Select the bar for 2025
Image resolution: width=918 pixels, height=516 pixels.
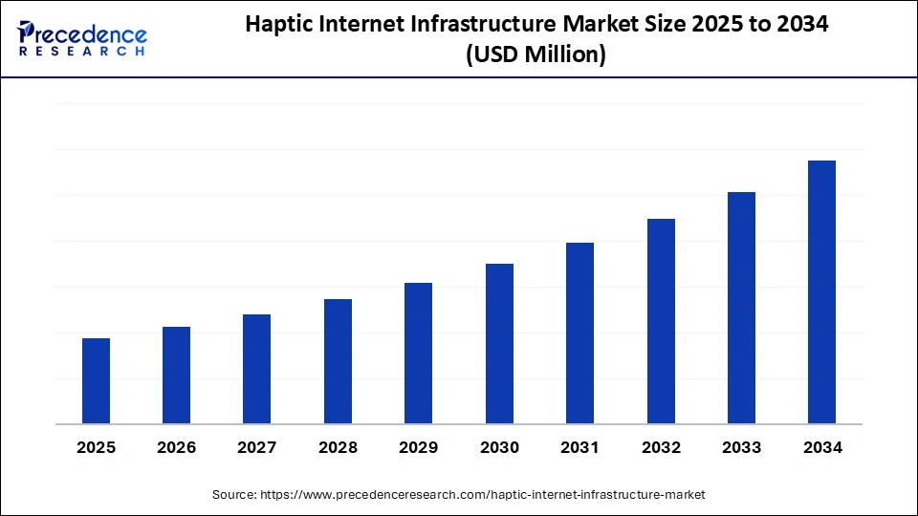pos(96,381)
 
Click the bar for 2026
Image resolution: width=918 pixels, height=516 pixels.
pos(177,376)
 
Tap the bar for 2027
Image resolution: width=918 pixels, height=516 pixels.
pos(257,369)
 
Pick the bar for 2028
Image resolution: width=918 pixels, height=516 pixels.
pos(338,361)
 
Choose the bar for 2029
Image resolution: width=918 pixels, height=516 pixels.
pos(419,354)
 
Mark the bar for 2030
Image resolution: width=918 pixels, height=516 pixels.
pos(499,344)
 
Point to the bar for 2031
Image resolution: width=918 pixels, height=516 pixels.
pos(579,333)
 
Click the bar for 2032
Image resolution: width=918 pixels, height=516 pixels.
pos(661,321)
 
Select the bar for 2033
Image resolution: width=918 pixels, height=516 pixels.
pos(741,308)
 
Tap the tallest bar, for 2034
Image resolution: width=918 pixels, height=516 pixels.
pos(821,292)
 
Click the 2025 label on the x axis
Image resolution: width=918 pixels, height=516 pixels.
pos(96,448)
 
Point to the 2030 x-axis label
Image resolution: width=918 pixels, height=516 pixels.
pos(499,448)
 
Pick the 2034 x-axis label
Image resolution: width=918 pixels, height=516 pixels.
pos(821,448)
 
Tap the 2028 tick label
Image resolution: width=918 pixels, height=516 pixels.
pos(338,448)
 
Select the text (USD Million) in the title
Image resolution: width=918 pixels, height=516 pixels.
pos(535,56)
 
